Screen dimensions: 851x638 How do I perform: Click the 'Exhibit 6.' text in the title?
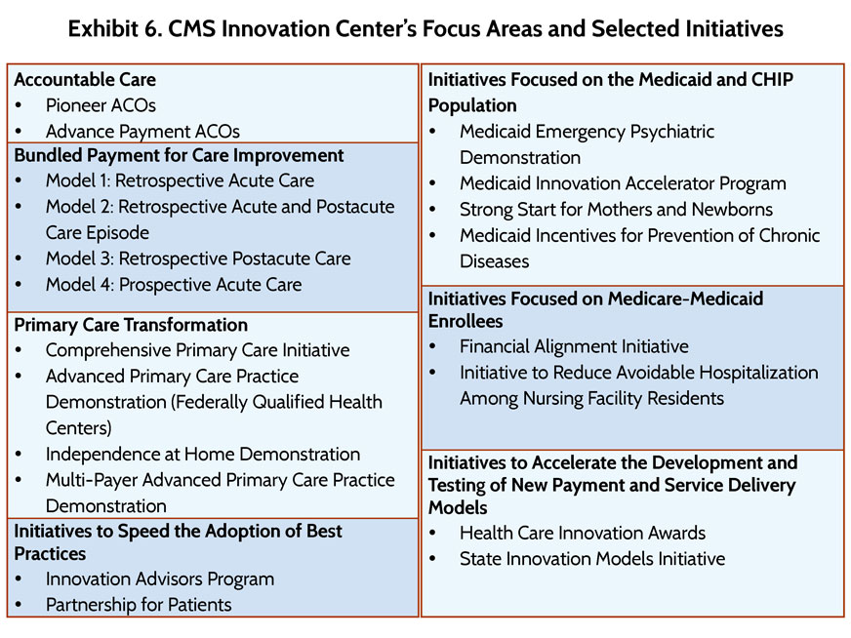coord(114,28)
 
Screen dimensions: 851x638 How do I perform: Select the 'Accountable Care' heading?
coord(85,80)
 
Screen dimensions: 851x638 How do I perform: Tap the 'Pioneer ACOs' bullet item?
coord(101,105)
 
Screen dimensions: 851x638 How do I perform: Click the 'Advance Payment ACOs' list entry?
coord(142,132)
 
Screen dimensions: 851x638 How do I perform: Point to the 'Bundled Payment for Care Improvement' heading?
coord(180,155)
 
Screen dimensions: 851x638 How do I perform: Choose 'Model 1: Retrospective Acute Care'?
coord(181,180)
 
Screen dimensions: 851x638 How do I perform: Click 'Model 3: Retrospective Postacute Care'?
coord(198,259)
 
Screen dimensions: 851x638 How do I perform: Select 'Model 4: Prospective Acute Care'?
coord(174,284)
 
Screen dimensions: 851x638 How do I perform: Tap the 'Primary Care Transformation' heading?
coord(131,325)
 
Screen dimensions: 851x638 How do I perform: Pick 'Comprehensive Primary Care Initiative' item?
coord(197,350)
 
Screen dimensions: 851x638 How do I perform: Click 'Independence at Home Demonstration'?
coord(203,454)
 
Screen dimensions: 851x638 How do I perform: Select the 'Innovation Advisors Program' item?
coord(160,579)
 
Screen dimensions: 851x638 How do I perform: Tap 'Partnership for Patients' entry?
coord(139,605)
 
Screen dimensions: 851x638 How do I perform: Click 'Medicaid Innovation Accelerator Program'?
coord(623,183)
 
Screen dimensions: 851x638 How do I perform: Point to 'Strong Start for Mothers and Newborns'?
coord(617,210)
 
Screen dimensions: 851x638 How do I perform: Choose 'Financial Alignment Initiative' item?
coord(574,346)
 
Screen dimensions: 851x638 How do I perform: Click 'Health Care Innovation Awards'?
coord(583,533)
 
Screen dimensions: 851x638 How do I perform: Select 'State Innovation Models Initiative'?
coord(592,559)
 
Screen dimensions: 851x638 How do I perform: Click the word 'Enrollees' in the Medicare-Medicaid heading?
coord(466,321)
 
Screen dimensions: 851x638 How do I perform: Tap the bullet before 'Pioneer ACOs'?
coord(19,105)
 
